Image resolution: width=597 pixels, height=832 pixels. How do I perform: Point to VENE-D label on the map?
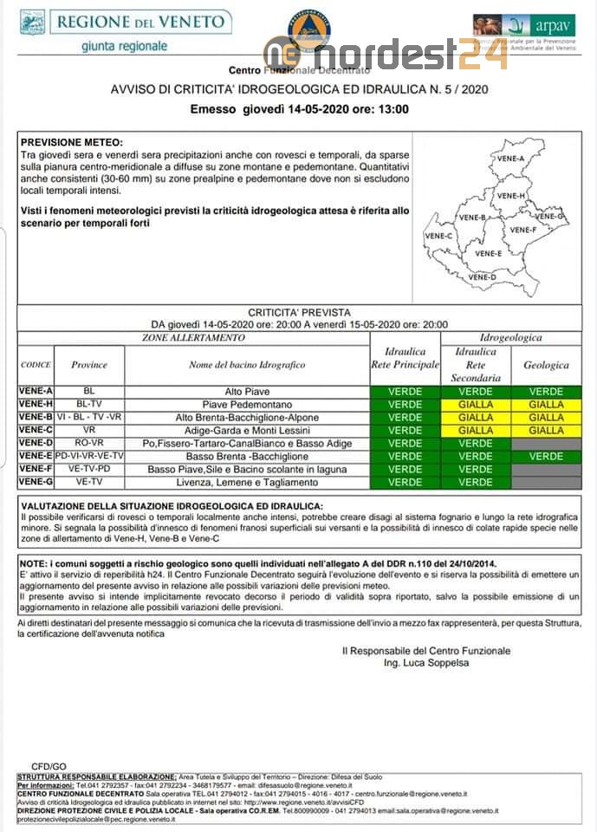point(482,276)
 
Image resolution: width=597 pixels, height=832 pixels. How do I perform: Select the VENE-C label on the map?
point(438,236)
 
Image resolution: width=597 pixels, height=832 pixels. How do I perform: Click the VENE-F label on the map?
point(522,230)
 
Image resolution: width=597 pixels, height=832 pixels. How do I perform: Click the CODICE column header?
point(36,365)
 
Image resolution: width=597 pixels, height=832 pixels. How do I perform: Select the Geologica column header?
point(546,365)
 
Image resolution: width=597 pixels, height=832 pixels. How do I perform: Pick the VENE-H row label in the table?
point(36,404)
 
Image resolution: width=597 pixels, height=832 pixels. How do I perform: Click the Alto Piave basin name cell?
point(247,392)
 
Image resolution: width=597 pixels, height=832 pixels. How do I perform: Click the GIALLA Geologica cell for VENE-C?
point(546,430)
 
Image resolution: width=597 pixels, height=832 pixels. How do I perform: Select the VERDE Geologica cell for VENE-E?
point(546,456)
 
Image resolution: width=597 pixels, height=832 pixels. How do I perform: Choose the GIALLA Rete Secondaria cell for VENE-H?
point(475,404)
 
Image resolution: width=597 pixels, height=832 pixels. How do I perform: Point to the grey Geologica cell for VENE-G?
point(546,482)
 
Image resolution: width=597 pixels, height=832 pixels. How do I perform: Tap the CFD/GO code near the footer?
point(49,767)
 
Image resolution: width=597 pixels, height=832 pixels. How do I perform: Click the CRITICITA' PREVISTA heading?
point(299,312)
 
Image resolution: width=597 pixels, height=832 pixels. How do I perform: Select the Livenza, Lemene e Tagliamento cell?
point(247,482)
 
